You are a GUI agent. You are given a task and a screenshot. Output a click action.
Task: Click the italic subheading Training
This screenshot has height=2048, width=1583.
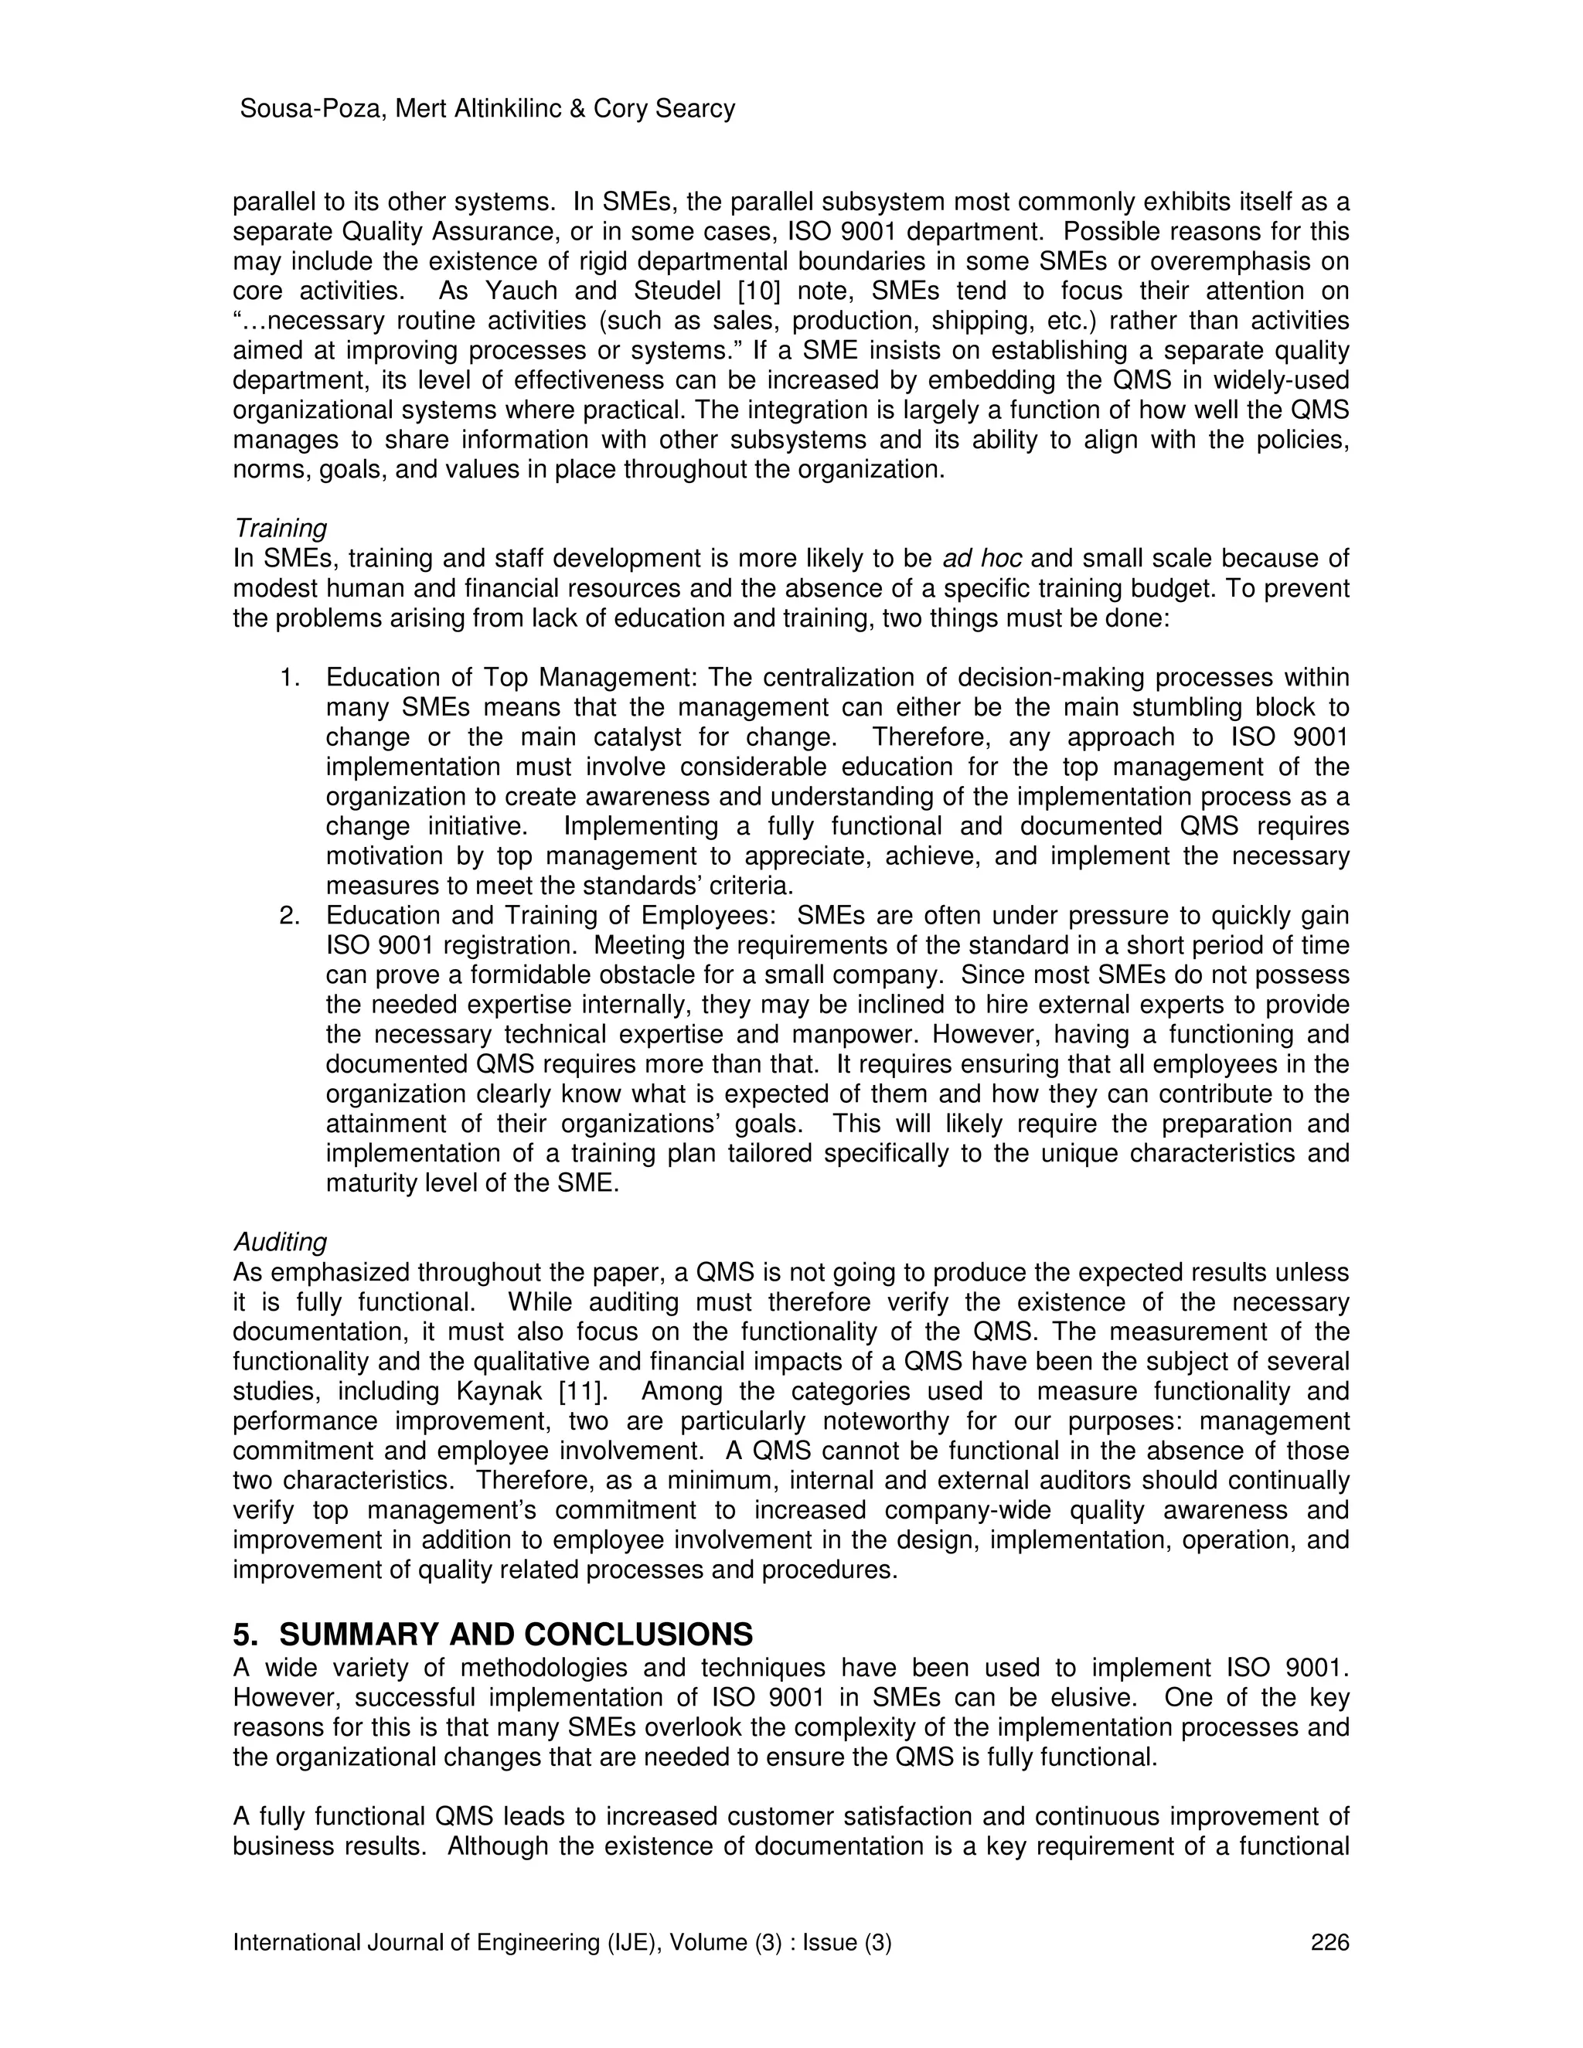tap(280, 528)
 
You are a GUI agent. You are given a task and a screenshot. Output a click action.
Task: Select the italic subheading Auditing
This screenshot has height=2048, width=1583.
tap(280, 1243)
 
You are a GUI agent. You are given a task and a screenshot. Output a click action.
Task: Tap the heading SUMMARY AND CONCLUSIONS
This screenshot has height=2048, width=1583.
tap(516, 1635)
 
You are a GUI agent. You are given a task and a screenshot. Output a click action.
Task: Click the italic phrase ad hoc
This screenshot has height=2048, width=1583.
tap(982, 559)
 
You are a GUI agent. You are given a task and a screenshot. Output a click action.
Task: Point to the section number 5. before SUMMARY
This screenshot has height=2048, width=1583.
tap(246, 1635)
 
